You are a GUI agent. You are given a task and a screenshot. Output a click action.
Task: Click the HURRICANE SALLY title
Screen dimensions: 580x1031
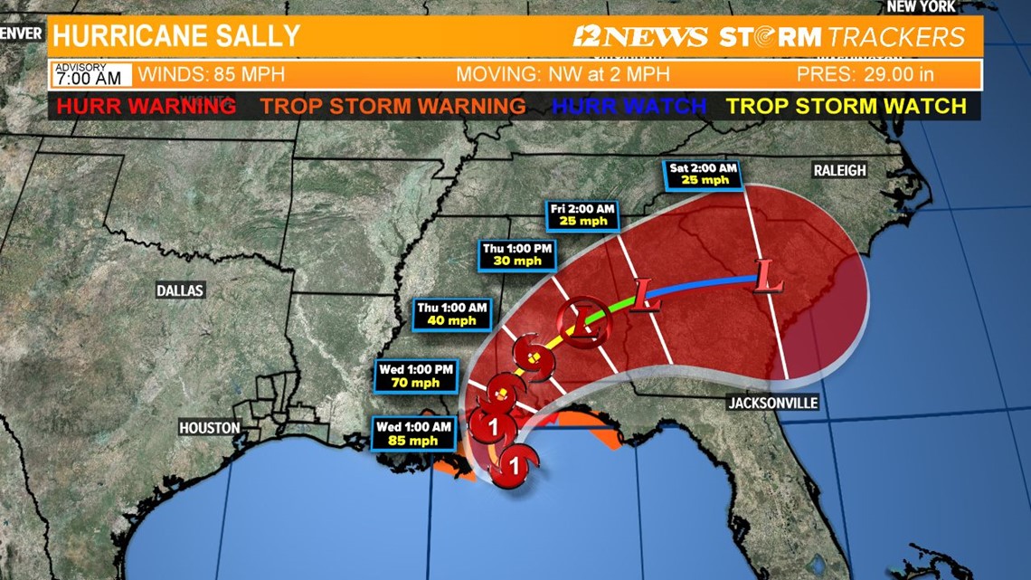click(x=176, y=36)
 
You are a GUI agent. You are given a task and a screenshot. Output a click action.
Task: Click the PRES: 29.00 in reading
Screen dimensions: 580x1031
click(x=865, y=74)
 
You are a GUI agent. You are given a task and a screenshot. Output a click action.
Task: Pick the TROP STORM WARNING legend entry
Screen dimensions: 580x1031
click(x=393, y=106)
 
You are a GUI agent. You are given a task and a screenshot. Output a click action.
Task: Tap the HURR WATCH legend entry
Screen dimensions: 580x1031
click(x=629, y=106)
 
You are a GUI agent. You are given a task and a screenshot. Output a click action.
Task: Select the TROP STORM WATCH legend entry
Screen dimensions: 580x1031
click(x=847, y=106)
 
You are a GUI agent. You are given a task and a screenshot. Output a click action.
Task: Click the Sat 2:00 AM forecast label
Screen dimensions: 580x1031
click(x=704, y=175)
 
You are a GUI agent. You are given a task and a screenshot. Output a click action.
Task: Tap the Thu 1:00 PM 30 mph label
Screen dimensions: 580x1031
click(x=518, y=254)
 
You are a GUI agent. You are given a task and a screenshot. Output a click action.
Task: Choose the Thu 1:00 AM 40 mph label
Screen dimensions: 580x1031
click(x=452, y=314)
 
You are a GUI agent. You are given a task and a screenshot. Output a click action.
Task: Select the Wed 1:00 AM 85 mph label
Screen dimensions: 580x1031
click(x=414, y=433)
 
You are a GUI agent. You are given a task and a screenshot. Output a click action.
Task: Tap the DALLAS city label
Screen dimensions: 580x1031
click(x=180, y=290)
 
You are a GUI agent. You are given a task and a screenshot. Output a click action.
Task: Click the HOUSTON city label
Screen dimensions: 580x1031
click(x=210, y=427)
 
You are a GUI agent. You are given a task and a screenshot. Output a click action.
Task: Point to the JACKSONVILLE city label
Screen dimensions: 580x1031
click(x=773, y=403)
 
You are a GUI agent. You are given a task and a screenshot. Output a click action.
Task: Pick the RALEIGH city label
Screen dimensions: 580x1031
click(x=839, y=170)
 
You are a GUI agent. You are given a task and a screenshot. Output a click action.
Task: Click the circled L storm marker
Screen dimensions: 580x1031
click(x=579, y=321)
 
